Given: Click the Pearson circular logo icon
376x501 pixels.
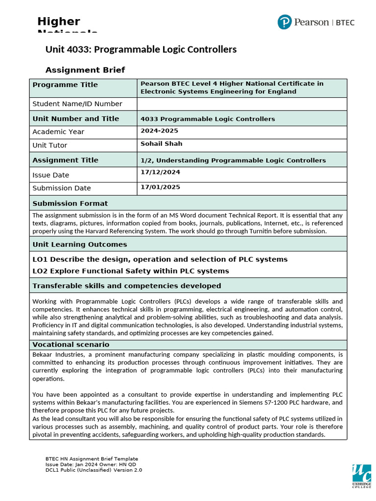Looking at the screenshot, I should [284, 22].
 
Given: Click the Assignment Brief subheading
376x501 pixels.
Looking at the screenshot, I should [85, 70].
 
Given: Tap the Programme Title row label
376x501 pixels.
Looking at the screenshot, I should [65, 85].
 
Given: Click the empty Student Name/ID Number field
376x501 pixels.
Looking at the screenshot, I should [242, 104].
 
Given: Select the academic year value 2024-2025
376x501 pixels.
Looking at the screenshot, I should [159, 131].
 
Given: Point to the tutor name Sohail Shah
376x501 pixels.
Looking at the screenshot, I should [161, 143].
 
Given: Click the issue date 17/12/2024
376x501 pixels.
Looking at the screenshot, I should [160, 172].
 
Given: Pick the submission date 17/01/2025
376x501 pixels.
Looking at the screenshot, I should [160, 187].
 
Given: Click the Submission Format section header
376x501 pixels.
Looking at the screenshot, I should [70, 203].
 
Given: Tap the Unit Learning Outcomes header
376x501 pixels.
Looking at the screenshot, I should [79, 244].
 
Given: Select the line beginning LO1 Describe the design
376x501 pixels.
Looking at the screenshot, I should [160, 259].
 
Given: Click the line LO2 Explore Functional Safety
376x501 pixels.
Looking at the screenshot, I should [130, 271].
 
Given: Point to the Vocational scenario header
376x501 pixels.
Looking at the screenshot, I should [70, 344].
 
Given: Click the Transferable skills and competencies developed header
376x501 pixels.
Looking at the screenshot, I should [126, 286].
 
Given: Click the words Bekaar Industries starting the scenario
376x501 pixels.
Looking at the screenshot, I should [56, 354].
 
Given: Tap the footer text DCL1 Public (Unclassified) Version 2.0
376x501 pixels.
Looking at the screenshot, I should [94, 470].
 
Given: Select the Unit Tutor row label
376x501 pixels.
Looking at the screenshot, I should [50, 145].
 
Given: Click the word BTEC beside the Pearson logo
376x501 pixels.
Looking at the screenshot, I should [345, 23].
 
